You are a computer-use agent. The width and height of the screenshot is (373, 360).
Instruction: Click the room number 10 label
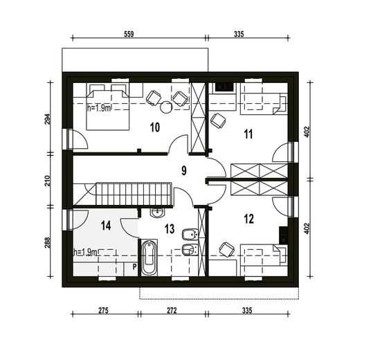(x=155, y=127)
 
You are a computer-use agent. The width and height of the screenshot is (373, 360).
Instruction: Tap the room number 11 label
(x=248, y=134)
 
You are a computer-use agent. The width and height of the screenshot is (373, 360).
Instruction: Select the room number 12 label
(x=249, y=219)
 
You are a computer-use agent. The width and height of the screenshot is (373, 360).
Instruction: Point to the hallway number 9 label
(x=184, y=170)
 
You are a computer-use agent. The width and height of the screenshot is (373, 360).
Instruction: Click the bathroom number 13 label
(x=170, y=229)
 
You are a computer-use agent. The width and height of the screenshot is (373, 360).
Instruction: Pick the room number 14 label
(x=106, y=226)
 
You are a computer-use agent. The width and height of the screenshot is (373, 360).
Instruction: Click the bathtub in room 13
(x=149, y=258)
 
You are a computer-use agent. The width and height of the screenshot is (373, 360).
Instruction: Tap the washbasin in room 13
(x=157, y=212)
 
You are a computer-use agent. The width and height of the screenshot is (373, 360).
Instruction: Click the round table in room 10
(x=166, y=107)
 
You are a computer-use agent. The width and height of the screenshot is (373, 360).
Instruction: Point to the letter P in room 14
(x=134, y=267)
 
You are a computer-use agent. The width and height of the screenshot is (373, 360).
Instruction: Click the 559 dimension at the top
(x=129, y=34)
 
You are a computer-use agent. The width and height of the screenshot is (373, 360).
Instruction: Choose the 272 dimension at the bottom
(x=172, y=311)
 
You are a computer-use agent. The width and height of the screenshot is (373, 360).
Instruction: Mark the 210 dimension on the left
(x=48, y=181)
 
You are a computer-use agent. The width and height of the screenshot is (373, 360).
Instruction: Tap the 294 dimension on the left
(x=48, y=120)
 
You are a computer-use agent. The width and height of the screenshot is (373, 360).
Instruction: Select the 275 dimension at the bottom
(x=103, y=311)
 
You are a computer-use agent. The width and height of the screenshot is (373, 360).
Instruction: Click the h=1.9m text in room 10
(x=99, y=109)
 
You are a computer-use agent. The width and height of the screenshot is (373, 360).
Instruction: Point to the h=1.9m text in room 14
(x=85, y=252)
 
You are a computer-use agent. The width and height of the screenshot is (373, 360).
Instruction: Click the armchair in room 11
(x=218, y=120)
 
